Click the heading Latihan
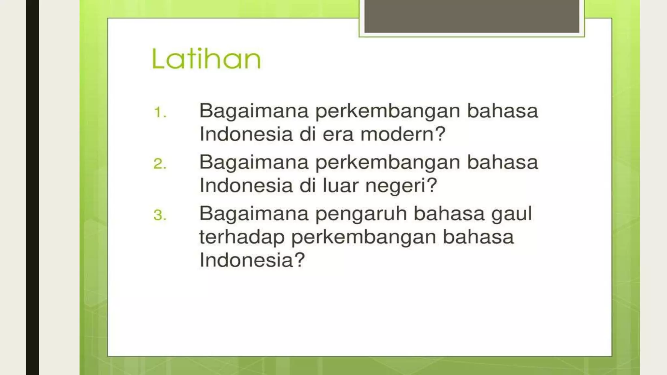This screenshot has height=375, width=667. coord(206,59)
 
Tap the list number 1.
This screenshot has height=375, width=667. coord(160,113)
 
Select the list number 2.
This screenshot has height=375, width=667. coord(160,164)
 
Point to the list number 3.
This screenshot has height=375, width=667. coord(160,215)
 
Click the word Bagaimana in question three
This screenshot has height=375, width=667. coord(254,214)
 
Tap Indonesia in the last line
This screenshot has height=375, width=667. coord(247,260)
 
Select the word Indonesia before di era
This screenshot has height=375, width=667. coord(246,134)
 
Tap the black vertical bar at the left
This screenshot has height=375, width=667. coord(32,187)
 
